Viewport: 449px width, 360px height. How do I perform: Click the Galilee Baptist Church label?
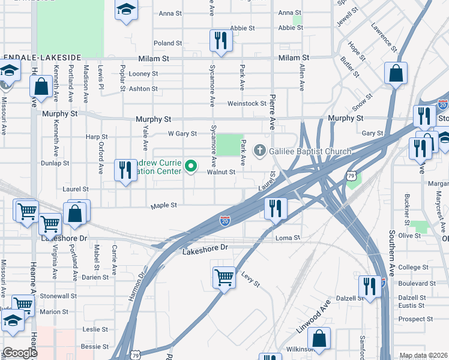click(310, 151)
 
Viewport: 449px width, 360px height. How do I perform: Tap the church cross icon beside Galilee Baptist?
click(261, 150)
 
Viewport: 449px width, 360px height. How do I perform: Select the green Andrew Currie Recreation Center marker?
click(191, 166)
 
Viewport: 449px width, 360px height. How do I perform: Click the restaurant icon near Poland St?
click(220, 40)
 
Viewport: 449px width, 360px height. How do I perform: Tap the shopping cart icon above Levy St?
click(224, 277)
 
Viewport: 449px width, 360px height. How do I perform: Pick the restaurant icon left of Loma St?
click(276, 209)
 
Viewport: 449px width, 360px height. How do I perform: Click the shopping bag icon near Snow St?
click(396, 74)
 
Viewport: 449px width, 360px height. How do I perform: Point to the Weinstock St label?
click(246, 104)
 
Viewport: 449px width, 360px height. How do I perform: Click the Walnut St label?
click(221, 172)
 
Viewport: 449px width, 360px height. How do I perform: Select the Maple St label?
click(164, 205)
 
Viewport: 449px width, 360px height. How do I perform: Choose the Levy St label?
click(251, 280)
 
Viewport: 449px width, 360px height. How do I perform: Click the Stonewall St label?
click(58, 296)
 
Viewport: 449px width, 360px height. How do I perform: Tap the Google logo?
click(20, 353)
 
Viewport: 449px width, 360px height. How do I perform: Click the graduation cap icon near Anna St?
click(126, 10)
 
